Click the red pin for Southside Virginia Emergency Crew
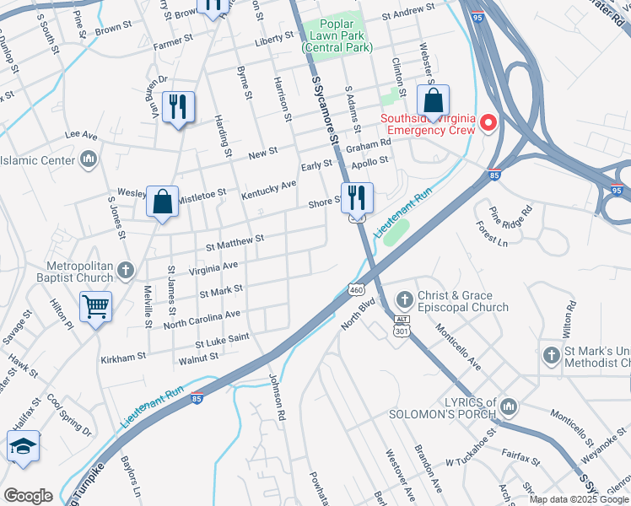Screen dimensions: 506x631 (488, 124)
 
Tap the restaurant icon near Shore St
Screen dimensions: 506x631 (357, 199)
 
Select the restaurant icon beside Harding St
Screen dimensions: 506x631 (178, 108)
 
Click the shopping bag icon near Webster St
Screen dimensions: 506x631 (433, 102)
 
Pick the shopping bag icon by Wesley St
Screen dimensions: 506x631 (162, 202)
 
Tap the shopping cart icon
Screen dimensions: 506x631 (95, 307)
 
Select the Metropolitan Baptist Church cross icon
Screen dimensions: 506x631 (126, 270)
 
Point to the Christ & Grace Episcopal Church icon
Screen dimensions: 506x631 (404, 299)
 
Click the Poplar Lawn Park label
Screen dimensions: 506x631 (337, 37)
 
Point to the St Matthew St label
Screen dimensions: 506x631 (235, 243)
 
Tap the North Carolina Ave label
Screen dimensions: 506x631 (202, 319)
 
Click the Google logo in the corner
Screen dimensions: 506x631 (28, 496)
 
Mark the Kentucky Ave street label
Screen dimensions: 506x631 (268, 189)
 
